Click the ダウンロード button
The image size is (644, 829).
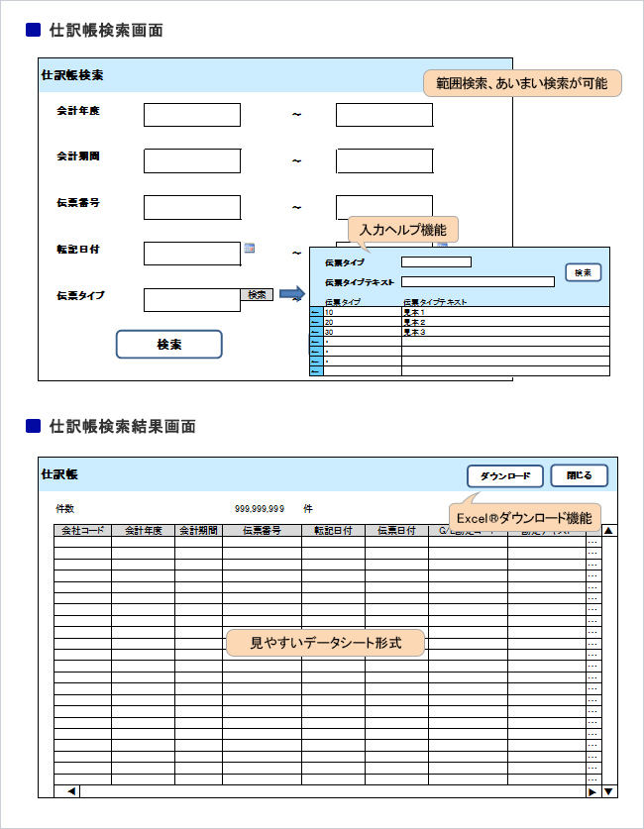(x=505, y=475)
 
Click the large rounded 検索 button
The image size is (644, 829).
(x=169, y=345)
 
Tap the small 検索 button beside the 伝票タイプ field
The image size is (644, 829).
(x=257, y=294)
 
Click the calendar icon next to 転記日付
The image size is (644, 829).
(x=250, y=249)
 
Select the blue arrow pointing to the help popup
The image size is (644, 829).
(x=291, y=294)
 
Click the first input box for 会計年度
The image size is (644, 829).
(x=192, y=115)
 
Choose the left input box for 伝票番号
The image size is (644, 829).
(x=192, y=207)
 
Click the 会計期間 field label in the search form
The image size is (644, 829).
(x=78, y=156)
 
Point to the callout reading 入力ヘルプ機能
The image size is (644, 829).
(x=403, y=230)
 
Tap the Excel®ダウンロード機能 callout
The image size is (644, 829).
(x=524, y=517)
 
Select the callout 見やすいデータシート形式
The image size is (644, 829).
(x=325, y=644)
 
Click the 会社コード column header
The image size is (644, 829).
(x=82, y=531)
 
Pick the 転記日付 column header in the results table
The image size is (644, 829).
(x=333, y=531)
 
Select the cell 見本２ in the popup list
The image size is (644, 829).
(x=414, y=322)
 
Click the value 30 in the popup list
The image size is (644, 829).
(x=329, y=332)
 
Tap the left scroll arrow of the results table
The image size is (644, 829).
(x=71, y=791)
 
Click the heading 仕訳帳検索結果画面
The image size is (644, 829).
(x=122, y=427)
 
